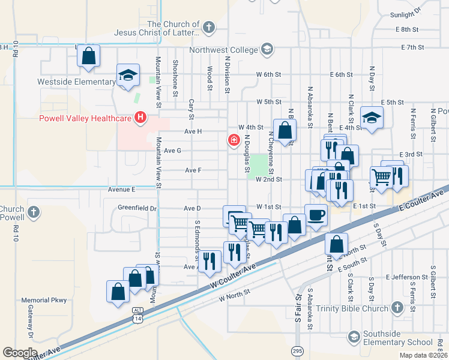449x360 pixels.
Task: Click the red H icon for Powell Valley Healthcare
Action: click(x=140, y=117)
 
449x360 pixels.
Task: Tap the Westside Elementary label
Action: click(x=76, y=82)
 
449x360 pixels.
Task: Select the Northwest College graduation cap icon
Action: click(x=267, y=49)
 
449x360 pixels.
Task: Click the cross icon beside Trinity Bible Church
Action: click(x=397, y=308)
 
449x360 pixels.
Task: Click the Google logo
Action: click(x=19, y=353)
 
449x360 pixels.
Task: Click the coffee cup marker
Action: click(x=316, y=214)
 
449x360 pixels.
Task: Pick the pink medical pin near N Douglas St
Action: click(x=234, y=140)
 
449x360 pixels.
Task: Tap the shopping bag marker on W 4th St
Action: click(x=285, y=129)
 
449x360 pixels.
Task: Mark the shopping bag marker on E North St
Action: click(x=337, y=244)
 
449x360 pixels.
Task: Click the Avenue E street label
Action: click(x=122, y=189)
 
